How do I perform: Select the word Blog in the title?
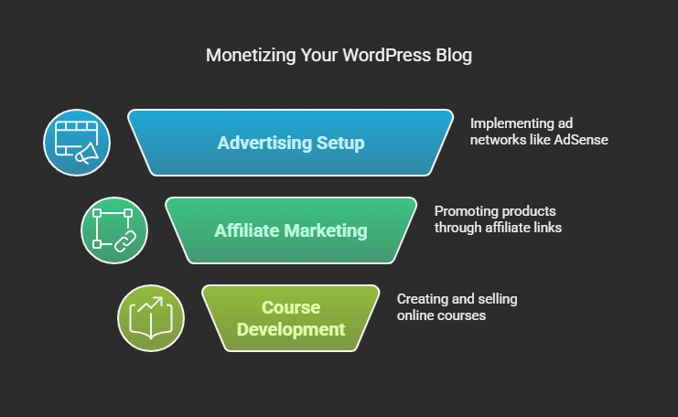(454, 56)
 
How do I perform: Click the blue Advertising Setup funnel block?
(291, 143)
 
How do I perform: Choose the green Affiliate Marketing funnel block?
(291, 230)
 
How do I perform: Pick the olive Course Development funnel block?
(291, 318)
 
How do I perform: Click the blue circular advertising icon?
(77, 143)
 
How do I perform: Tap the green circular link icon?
(114, 230)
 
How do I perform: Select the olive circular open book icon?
(151, 318)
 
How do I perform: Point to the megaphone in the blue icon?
(87, 154)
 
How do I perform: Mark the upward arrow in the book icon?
(150, 304)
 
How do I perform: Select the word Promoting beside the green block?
(465, 212)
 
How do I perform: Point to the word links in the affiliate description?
(547, 228)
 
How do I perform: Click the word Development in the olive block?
(291, 330)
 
